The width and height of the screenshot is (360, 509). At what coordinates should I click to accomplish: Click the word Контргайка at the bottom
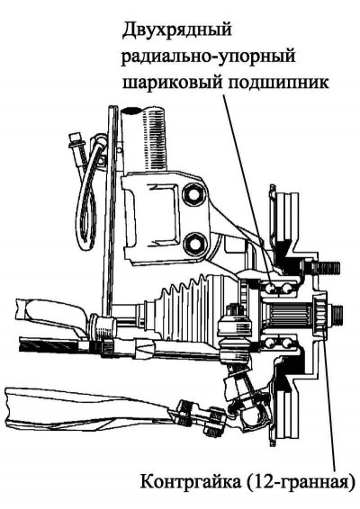pos(192,482)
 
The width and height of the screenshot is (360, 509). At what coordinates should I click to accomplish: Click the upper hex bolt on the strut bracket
pos(194,196)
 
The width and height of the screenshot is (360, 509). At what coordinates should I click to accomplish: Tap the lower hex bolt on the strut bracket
pos(194,244)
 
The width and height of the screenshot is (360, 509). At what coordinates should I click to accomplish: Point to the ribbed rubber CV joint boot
pos(188,300)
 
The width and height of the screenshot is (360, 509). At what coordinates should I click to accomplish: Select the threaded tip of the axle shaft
pos(337,313)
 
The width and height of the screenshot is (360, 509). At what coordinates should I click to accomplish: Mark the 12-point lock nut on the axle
pos(319,314)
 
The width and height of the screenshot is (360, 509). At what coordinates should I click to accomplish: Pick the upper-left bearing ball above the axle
pos(270,288)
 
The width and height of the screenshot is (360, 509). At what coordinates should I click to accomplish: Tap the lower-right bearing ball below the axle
pos(286,343)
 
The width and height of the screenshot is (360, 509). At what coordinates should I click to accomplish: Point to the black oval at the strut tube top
pos(130,110)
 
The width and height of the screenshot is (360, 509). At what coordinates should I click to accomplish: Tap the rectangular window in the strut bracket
pos(163,211)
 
